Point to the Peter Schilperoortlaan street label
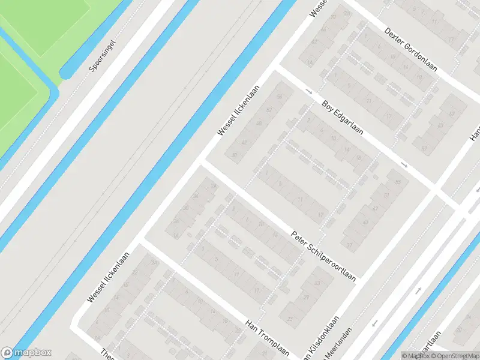pos(323,256)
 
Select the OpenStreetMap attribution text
pos(454,356)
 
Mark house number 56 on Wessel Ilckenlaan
pos(278,96)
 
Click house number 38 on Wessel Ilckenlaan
pos(234,155)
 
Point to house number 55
pos(397,182)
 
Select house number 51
pos(386,196)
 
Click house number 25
pos(291,318)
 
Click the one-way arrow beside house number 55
pos(404,164)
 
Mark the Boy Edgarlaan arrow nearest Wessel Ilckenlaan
pos(309,91)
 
